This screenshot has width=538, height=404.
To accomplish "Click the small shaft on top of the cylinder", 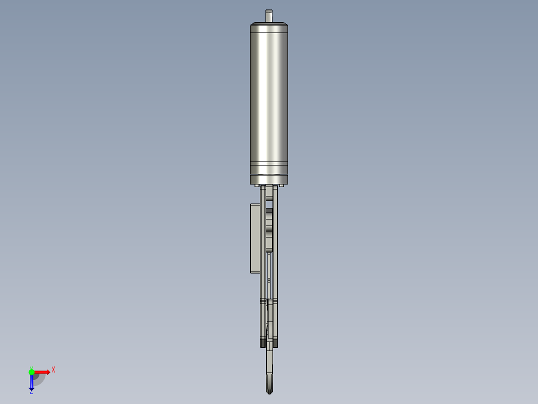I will [x=269, y=15].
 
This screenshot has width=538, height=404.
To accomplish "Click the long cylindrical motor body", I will [x=269, y=95].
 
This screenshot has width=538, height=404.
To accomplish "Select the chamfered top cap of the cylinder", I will [x=269, y=23].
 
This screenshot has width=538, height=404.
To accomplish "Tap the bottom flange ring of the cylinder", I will [x=269, y=179].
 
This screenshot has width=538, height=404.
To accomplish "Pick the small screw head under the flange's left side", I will [x=257, y=186].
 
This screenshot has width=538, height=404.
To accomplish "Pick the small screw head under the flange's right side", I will [x=281, y=186].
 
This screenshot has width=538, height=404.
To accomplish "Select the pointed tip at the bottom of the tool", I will [x=269, y=390].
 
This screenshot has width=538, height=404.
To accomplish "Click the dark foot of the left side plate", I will [x=263, y=344].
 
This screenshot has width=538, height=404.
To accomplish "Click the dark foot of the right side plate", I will [x=275, y=344].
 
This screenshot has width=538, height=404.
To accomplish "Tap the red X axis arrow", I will [x=42, y=372].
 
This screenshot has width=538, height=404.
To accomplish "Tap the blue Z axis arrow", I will [x=31, y=382].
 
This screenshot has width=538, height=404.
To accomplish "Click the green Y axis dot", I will [x=31, y=371].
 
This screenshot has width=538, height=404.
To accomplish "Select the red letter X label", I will [x=53, y=369].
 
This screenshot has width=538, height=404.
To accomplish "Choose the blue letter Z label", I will [x=31, y=392].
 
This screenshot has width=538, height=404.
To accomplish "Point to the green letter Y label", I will [x=31, y=367].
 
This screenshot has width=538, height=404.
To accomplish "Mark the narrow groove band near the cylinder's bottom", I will [x=269, y=164].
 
